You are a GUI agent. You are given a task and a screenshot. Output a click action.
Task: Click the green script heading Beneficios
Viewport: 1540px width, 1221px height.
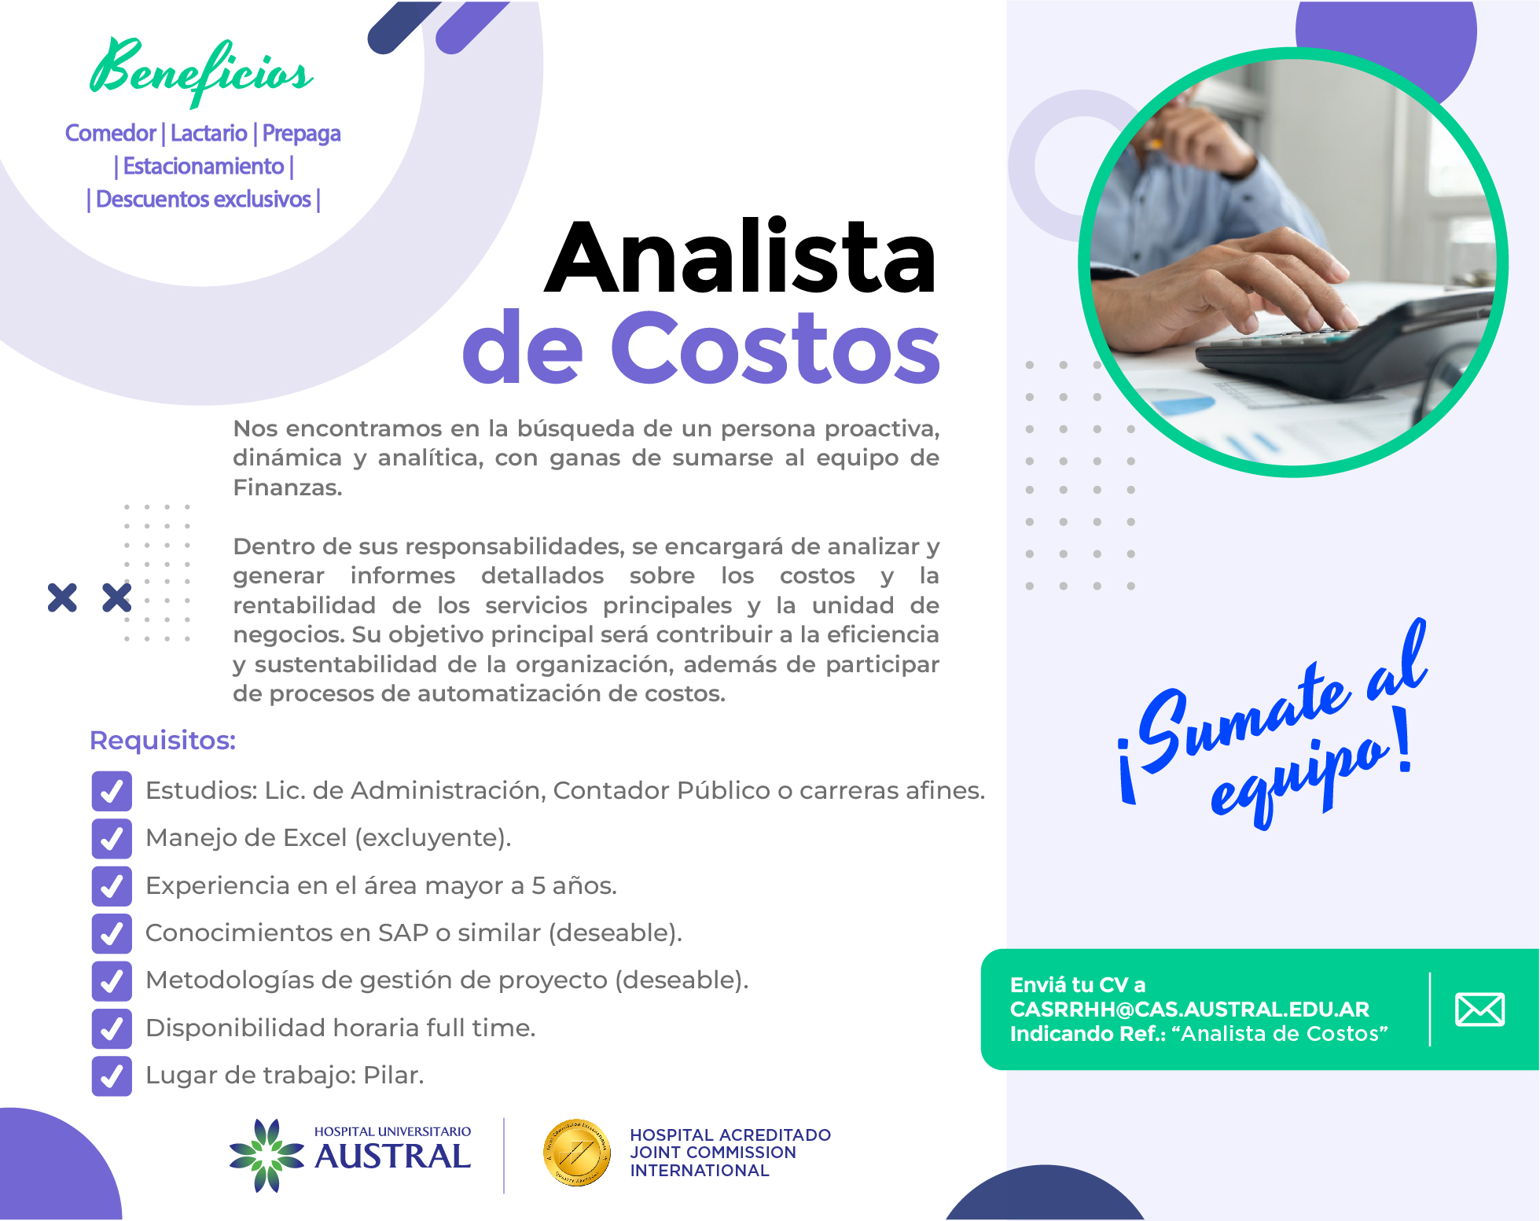(x=201, y=72)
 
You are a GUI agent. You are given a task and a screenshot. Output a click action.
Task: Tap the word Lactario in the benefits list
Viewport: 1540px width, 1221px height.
(x=209, y=134)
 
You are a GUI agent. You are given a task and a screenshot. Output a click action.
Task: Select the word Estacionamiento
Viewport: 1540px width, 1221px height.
(x=204, y=167)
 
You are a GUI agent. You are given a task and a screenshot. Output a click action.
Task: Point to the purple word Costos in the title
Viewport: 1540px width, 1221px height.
(x=774, y=347)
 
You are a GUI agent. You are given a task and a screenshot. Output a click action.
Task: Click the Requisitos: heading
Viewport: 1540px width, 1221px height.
(x=163, y=741)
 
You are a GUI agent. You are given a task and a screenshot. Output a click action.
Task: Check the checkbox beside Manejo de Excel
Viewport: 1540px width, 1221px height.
(x=112, y=838)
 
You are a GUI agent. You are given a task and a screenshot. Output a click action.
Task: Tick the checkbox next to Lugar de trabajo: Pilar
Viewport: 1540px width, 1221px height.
(x=112, y=1076)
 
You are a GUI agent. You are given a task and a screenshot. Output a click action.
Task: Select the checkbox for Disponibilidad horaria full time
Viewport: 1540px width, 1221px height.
(x=112, y=1028)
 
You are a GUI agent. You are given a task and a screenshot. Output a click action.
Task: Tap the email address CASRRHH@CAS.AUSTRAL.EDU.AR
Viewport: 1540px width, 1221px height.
(x=1189, y=1010)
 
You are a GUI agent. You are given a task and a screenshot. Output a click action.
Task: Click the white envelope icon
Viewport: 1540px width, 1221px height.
(x=1479, y=1010)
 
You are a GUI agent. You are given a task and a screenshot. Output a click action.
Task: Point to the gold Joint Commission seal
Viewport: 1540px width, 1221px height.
(x=577, y=1153)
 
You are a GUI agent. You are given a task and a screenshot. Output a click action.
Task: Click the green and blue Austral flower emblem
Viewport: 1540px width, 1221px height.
(x=266, y=1155)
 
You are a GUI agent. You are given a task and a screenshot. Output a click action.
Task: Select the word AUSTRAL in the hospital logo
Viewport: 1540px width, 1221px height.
(x=392, y=1157)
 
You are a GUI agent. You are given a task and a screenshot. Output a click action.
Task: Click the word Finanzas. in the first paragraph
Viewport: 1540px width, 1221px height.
(x=288, y=488)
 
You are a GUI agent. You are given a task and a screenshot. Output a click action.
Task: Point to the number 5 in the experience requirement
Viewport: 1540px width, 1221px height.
(x=538, y=886)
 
